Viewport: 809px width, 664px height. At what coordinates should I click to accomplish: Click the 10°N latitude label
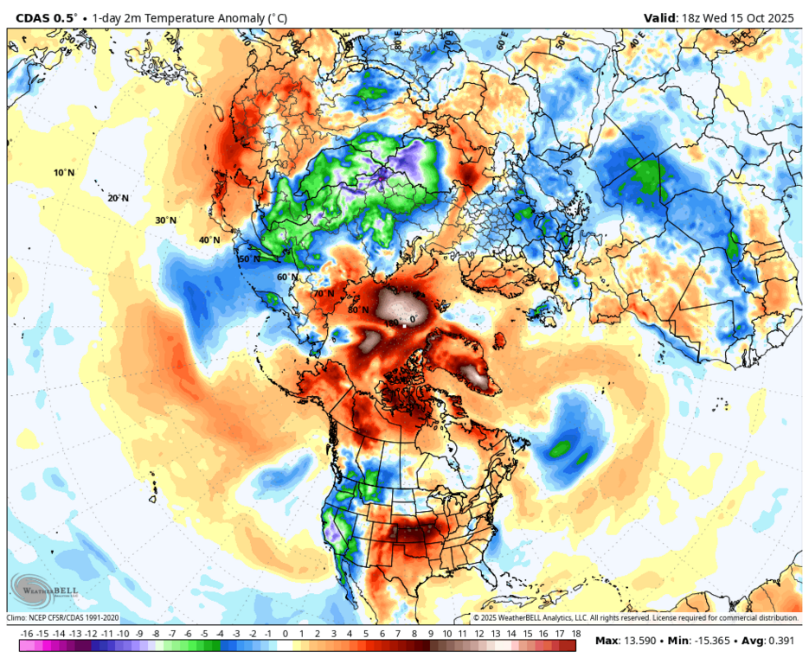pyautogui.click(x=63, y=173)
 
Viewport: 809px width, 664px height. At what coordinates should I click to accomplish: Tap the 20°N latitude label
pyautogui.click(x=118, y=198)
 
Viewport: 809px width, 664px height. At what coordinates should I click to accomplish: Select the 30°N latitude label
pyautogui.click(x=165, y=220)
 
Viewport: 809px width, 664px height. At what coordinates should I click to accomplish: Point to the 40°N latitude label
pyautogui.click(x=209, y=239)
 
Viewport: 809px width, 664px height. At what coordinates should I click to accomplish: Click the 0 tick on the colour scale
pyautogui.click(x=285, y=634)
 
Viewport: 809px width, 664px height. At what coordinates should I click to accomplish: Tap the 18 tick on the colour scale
pyautogui.click(x=575, y=634)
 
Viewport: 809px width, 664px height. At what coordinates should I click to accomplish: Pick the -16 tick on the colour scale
pyautogui.click(x=26, y=634)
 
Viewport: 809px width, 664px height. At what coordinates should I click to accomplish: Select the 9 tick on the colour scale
pyautogui.click(x=430, y=634)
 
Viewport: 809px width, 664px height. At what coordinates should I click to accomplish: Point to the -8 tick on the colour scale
pyautogui.click(x=156, y=634)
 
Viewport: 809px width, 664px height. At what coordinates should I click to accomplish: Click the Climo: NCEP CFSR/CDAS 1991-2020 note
pyautogui.click(x=62, y=618)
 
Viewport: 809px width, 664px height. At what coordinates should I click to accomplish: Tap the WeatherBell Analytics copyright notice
pyautogui.click(x=635, y=618)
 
